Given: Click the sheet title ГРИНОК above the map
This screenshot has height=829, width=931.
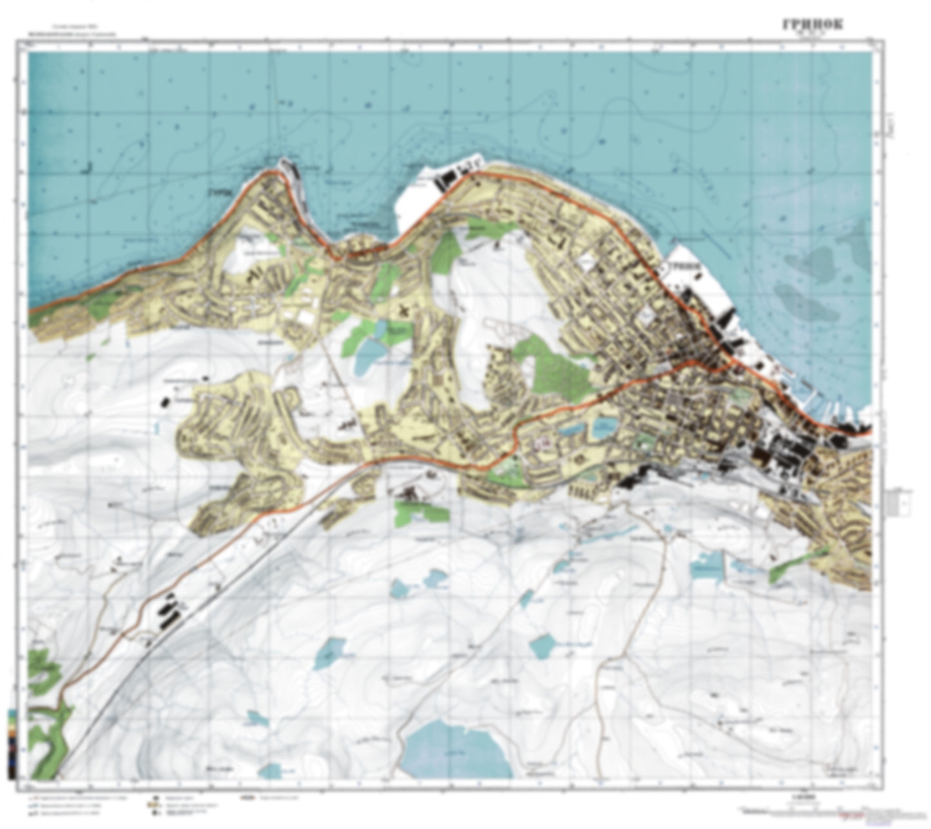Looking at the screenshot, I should [x=812, y=24].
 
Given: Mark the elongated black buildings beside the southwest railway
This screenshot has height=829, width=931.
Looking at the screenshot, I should [x=169, y=611].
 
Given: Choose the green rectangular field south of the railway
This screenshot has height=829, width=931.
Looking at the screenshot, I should [x=421, y=512].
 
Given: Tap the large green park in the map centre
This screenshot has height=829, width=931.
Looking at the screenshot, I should [x=558, y=367].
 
